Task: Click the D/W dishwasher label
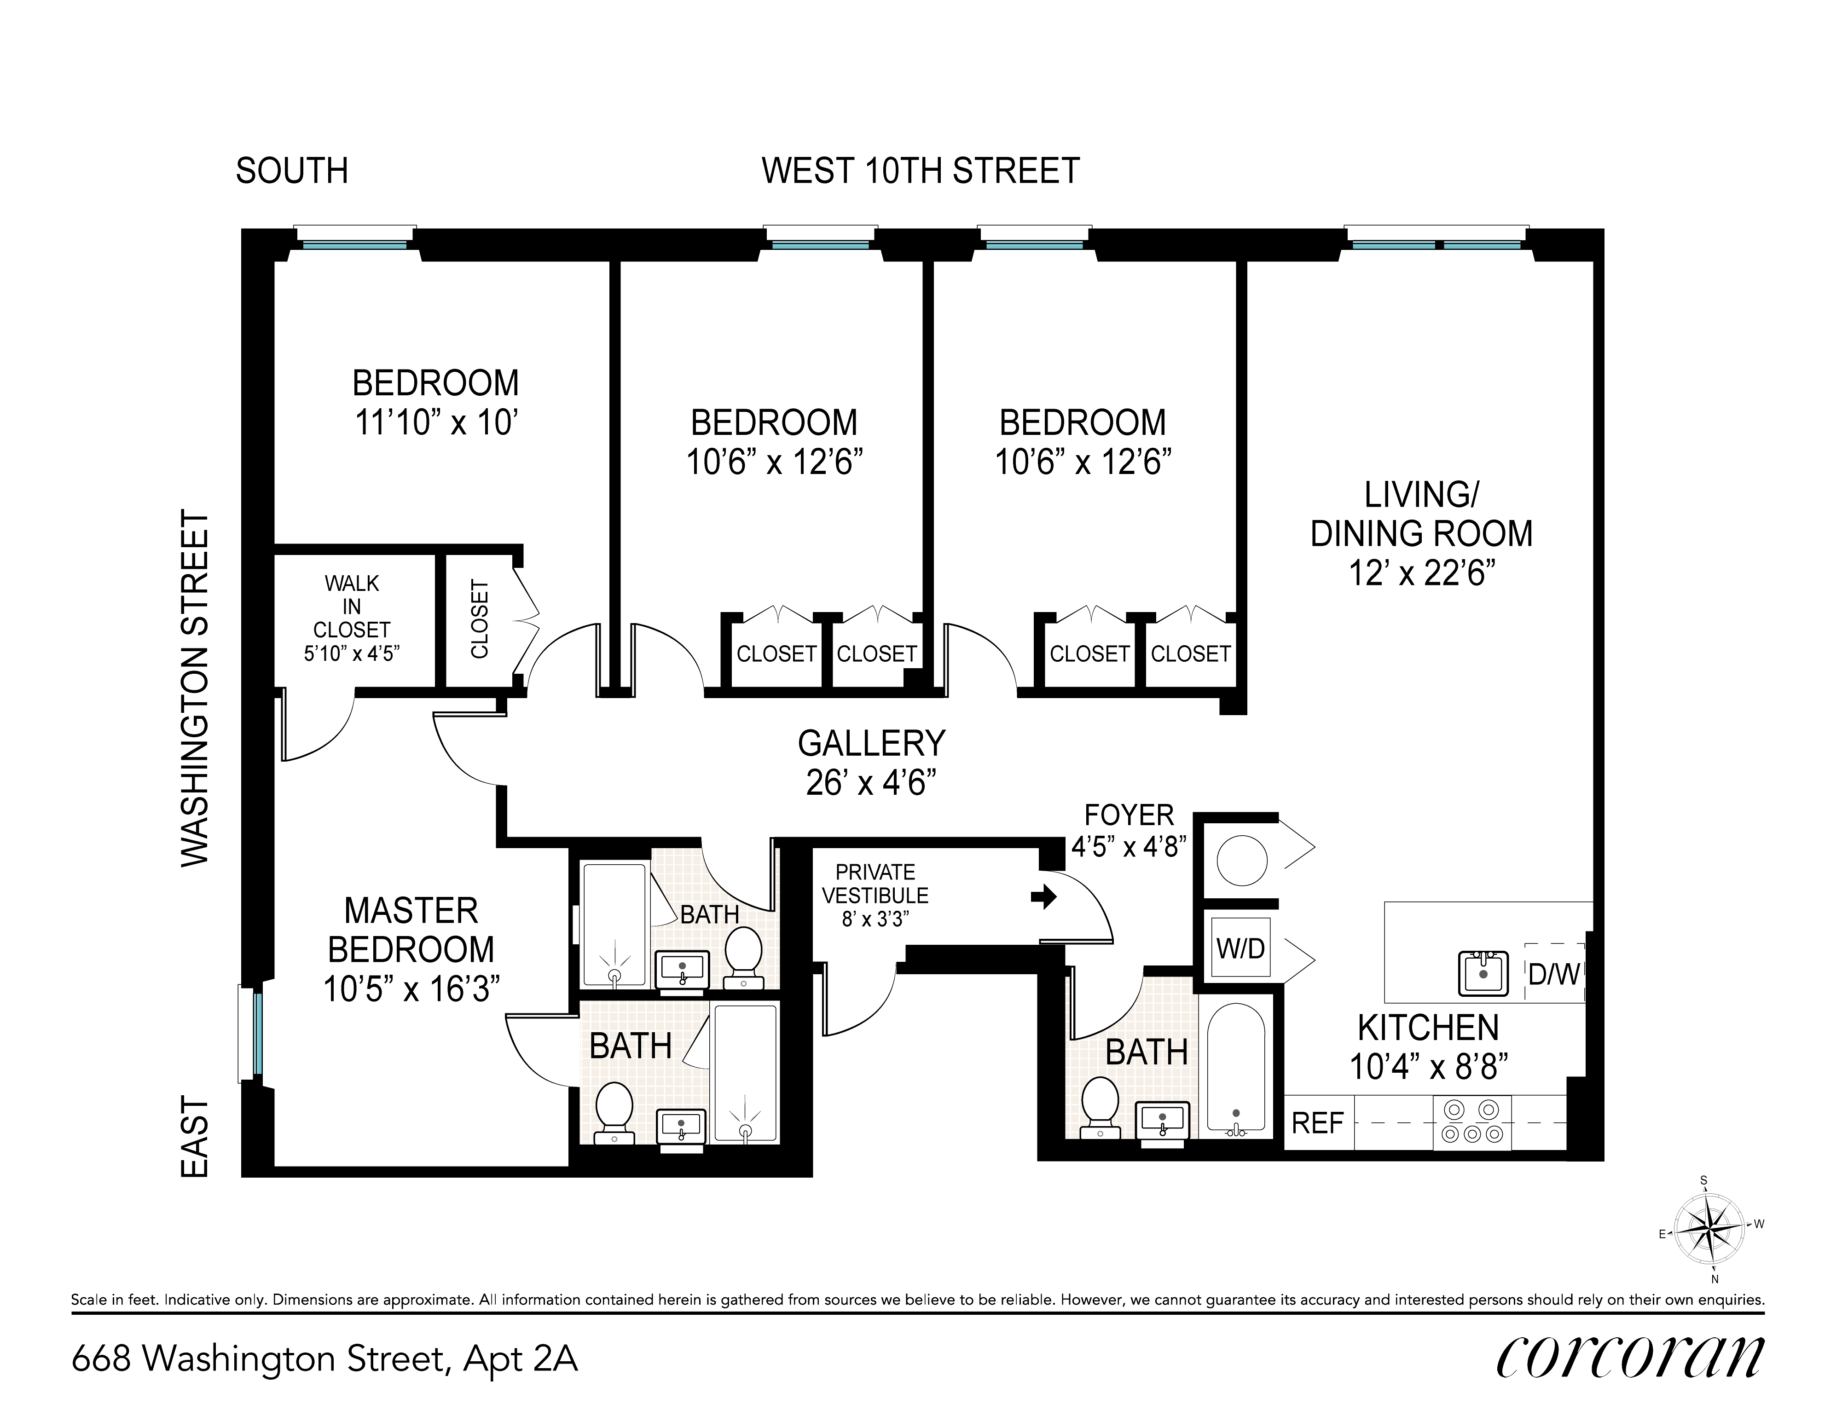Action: point(1553,974)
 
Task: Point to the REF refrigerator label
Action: point(1317,1123)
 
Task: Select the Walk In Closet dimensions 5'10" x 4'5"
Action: point(352,653)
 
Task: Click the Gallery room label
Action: point(871,743)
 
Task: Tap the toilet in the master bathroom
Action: point(614,1112)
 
